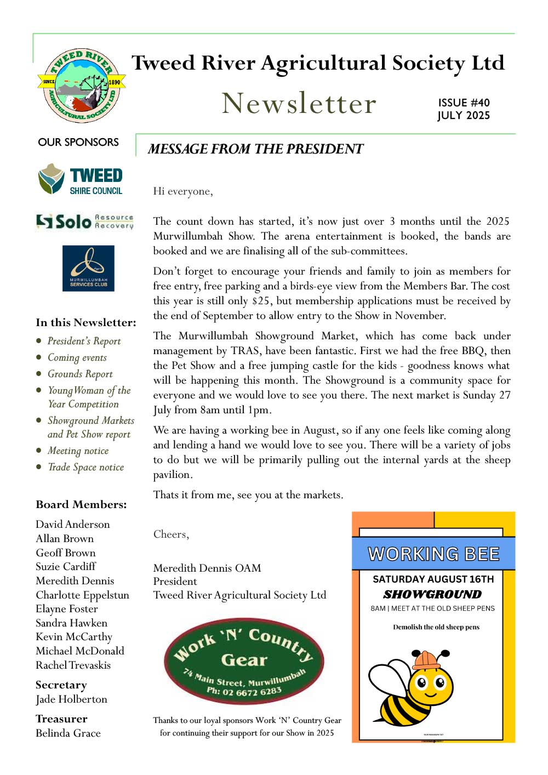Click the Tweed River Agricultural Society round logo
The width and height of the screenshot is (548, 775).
81,86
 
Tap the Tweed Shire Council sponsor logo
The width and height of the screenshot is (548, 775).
81,179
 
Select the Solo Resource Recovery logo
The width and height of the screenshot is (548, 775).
84,221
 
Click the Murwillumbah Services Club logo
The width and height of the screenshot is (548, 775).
88,268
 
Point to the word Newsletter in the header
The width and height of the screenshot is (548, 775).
299,103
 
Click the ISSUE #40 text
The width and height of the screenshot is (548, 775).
464,102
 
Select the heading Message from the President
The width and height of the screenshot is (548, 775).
255,149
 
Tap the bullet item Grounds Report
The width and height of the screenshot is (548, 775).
80,374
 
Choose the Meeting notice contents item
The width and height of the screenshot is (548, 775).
78,451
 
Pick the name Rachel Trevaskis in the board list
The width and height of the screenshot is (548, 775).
73,665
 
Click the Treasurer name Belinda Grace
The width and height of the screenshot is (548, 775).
68,733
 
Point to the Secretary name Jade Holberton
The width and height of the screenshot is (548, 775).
71,699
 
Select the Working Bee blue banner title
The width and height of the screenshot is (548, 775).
433,554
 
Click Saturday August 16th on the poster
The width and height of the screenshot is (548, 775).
433,579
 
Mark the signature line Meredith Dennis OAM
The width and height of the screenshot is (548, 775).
207,568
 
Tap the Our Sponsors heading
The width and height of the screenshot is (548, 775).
78,142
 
